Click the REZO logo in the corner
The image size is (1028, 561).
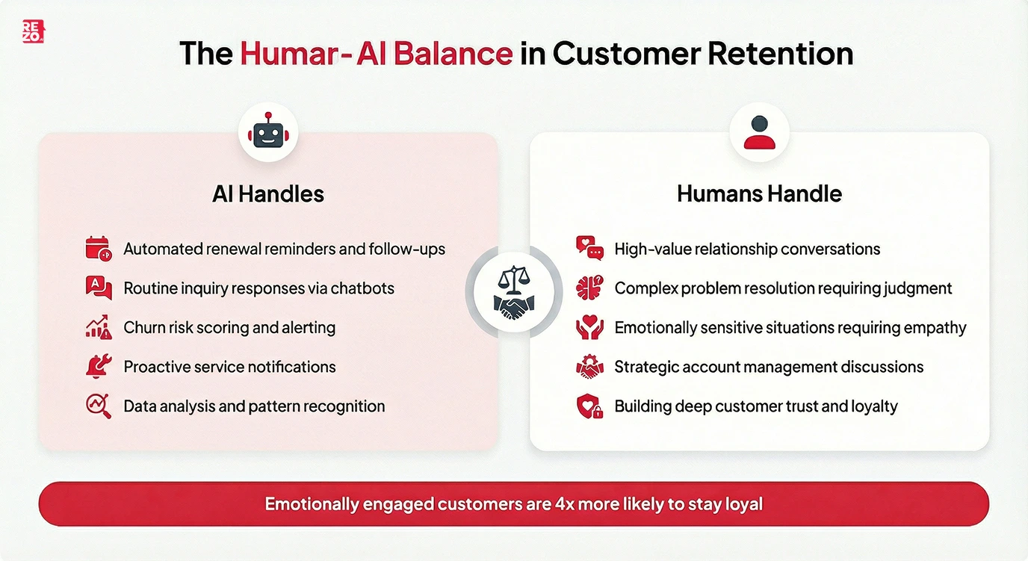point(33,31)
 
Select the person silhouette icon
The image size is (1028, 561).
point(759,132)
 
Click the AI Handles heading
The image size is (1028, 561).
point(268,194)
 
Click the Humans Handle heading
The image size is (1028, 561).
point(759,194)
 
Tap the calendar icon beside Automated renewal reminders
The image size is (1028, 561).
point(98,249)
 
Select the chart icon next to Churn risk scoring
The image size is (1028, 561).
point(98,327)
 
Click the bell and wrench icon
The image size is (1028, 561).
point(98,367)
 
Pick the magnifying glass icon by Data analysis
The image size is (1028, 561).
point(98,406)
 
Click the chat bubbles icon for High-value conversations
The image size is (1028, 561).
point(589,249)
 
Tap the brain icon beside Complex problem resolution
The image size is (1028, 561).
point(589,288)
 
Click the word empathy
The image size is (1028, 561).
point(934,328)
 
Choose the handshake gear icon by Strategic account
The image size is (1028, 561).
point(589,367)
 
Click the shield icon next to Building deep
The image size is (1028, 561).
point(589,406)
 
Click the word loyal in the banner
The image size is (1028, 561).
point(743,504)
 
